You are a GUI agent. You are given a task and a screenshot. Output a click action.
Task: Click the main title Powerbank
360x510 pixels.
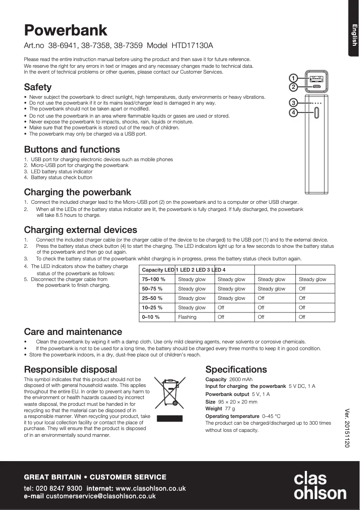[x=66, y=30]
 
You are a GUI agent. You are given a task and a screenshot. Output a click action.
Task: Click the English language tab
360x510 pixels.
[x=354, y=35]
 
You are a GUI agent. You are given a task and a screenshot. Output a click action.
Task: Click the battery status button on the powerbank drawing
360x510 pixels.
[x=316, y=113]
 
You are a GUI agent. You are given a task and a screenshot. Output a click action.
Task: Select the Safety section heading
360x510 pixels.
[x=38, y=87]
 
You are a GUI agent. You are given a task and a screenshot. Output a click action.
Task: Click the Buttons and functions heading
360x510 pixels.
[x=72, y=149]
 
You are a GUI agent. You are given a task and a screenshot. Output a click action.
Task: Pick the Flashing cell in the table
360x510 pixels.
[x=187, y=317]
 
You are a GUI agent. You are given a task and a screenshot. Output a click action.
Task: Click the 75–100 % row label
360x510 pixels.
[x=154, y=279]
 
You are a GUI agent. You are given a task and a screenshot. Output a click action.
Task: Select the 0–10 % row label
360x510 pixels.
[x=151, y=317]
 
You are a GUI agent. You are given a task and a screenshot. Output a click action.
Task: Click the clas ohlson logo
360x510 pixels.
[x=320, y=485]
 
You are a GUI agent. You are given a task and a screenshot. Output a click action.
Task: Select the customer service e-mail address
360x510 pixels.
[x=101, y=496]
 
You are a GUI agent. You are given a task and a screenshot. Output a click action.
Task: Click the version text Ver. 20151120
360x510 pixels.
[x=347, y=428]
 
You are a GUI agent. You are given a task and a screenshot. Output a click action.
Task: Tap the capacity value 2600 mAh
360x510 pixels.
[x=241, y=379]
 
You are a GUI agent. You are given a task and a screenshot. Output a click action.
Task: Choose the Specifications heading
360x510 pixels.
[x=236, y=369]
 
